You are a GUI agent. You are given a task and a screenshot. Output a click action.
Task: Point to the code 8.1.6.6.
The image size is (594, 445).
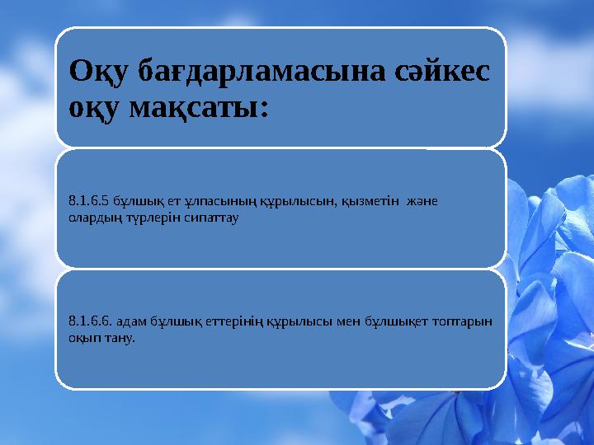(89, 323)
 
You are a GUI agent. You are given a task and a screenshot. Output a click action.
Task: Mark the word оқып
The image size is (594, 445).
(84, 340)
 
